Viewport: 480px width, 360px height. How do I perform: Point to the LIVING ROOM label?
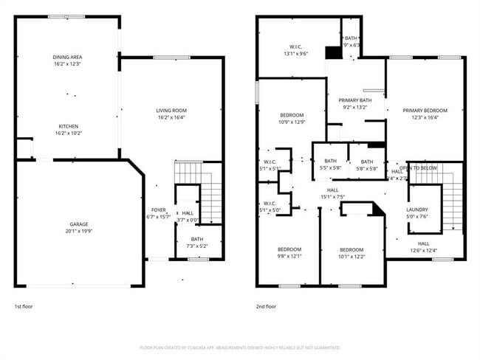171,111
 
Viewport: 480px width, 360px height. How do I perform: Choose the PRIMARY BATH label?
354,100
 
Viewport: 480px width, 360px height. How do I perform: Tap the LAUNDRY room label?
417,210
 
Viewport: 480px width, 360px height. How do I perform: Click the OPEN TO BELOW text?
418,168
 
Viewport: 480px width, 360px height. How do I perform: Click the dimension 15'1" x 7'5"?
332,196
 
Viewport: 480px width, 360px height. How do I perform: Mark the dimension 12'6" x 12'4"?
423,250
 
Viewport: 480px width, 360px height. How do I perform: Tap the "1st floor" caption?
24,305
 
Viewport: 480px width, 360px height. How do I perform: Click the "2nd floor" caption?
266,305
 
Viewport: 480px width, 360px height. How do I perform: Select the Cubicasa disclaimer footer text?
240,347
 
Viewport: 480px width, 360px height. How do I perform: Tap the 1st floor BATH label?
197,239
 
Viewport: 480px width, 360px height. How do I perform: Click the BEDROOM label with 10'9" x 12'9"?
292,116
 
